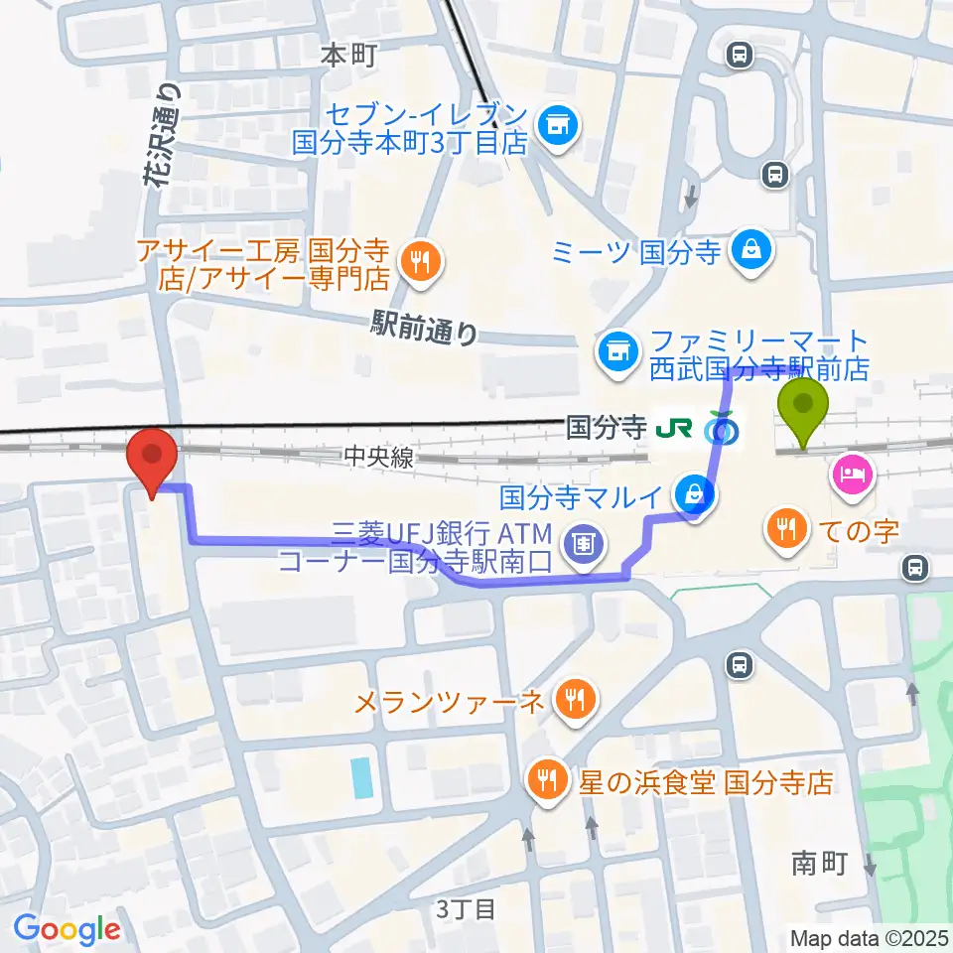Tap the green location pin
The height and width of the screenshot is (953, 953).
803,408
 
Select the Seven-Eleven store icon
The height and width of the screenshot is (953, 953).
555,125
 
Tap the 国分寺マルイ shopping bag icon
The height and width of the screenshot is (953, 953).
696,491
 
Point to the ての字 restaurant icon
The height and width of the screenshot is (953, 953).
787,526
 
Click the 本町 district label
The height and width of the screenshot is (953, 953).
348,56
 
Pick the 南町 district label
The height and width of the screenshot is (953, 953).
819,864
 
